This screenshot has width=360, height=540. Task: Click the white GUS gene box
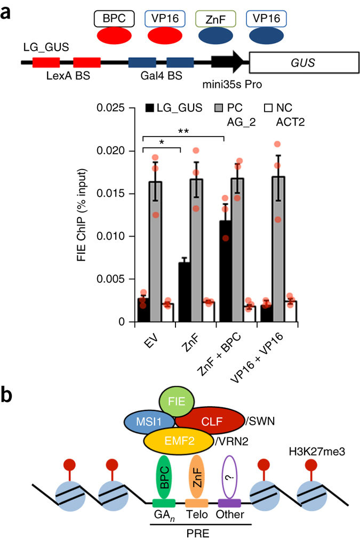pos(302,63)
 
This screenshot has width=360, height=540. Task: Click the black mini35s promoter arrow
pos(229,63)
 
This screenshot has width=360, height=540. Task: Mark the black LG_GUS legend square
pos(150,108)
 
